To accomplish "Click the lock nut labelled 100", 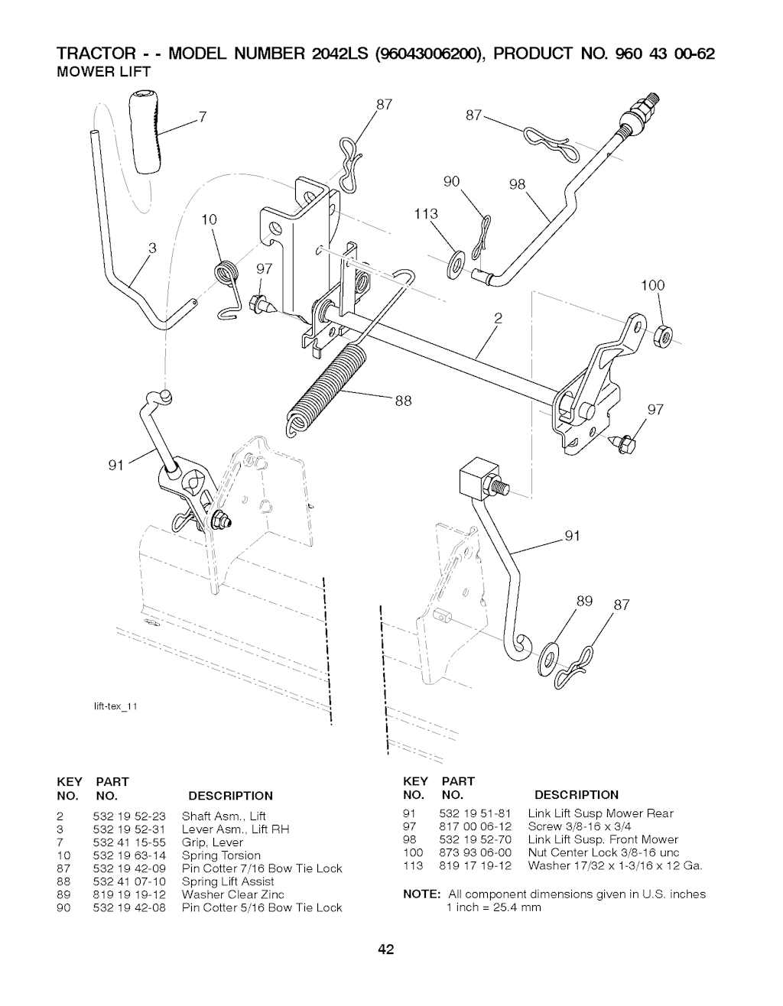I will click(x=663, y=333).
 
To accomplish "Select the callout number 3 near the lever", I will click(x=153, y=248).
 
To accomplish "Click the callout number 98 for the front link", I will click(x=518, y=186).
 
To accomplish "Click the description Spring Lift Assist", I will click(x=228, y=881).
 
